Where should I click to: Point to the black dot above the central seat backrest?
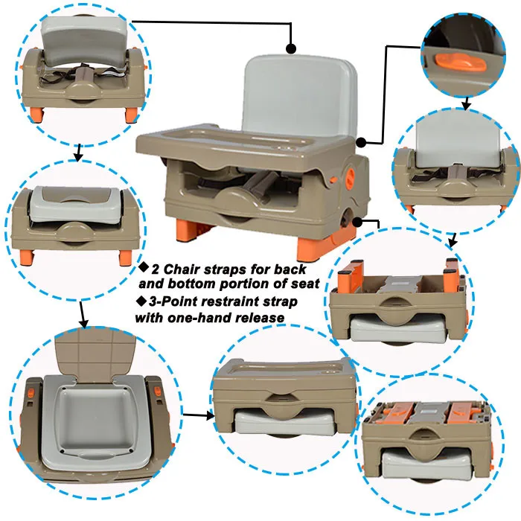pos(291,49)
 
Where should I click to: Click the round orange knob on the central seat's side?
pos(351,175)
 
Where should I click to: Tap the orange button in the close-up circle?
pos(461,63)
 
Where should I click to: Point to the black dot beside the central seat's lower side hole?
pos(357,222)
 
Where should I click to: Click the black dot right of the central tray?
pos(361,143)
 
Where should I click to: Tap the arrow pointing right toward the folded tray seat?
pos(199,415)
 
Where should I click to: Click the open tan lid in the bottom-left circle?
pos(96,354)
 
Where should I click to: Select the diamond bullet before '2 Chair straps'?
pos(144,266)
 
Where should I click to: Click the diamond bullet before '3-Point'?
pos(141,301)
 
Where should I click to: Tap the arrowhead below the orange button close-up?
pos(467,106)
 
